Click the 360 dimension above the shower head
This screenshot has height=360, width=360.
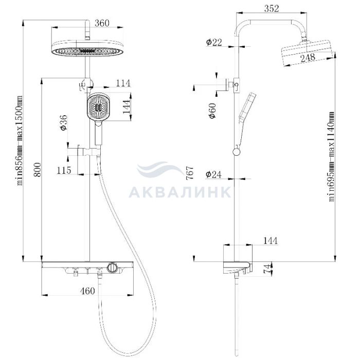click(102, 23)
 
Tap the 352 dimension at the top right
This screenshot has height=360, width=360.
click(272, 9)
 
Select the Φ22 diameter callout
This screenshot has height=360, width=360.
click(214, 42)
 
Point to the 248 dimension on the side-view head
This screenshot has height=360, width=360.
click(308, 58)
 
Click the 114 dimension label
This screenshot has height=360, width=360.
click(123, 83)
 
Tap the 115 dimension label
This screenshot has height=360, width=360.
click(64, 170)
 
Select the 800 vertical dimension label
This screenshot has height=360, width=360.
click(37, 170)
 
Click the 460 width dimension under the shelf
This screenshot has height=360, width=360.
click(87, 291)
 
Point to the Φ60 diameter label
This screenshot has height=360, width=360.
click(212, 111)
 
